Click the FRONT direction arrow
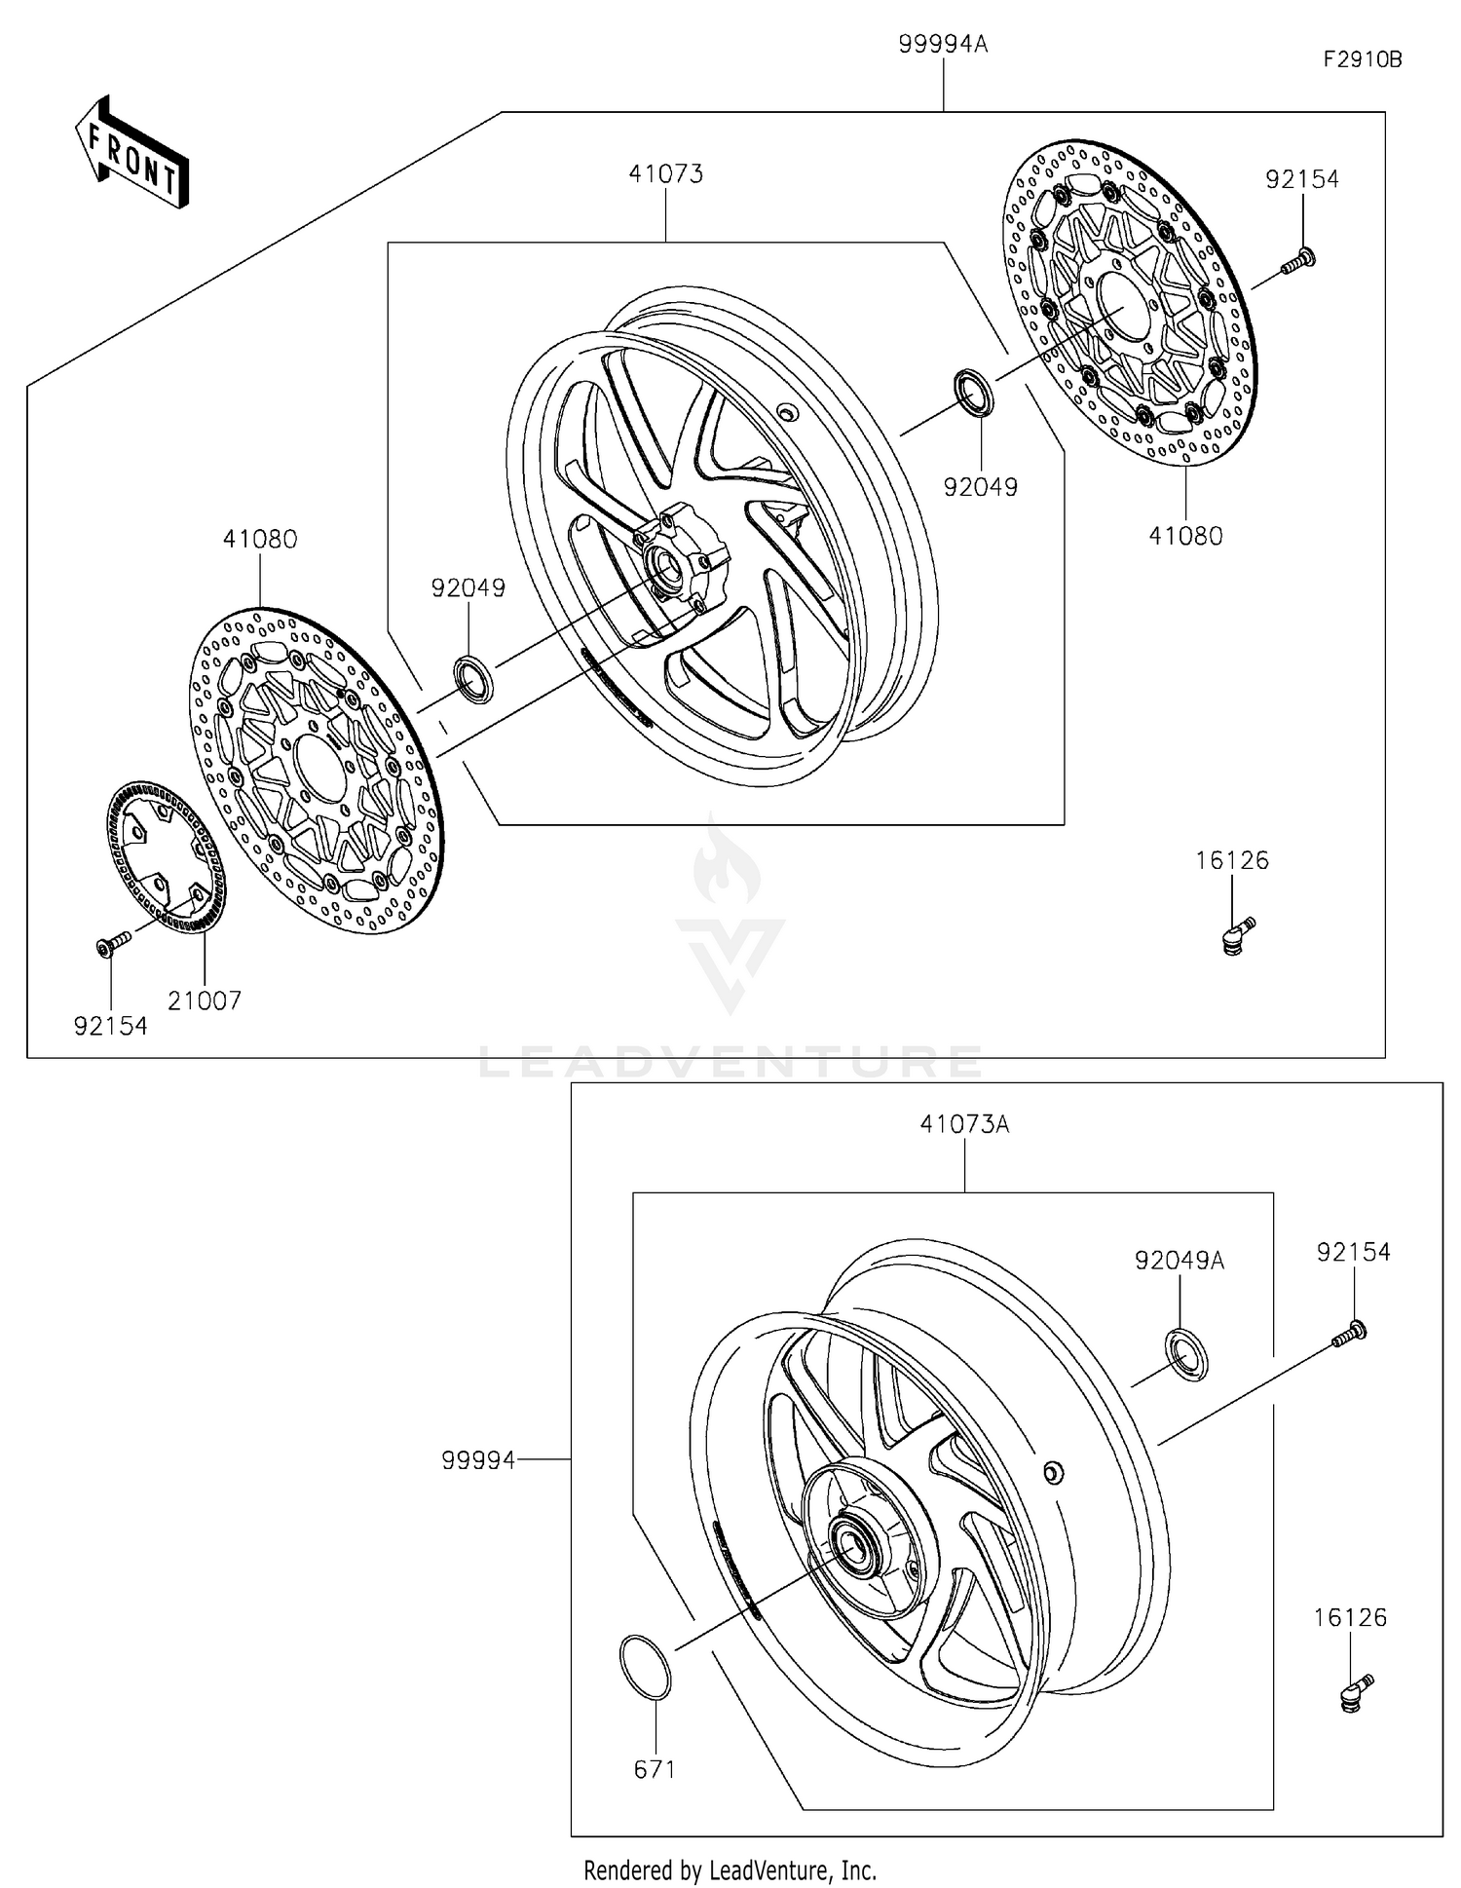132,154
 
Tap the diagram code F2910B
1362,59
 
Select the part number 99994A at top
943,45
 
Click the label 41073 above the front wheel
665,174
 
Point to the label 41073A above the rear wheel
964,1124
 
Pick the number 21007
205,1001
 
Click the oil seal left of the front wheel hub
474,678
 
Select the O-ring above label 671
645,1667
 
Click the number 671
655,1768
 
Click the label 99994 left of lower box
477,1460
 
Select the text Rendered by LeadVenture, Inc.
730,1869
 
